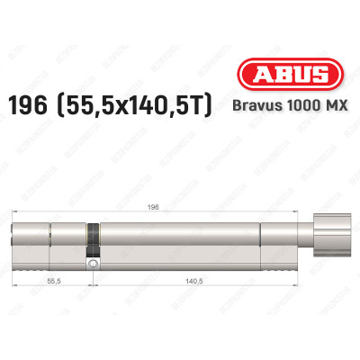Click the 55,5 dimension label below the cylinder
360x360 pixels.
[x=54, y=281]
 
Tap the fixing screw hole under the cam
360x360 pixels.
[x=91, y=266]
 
